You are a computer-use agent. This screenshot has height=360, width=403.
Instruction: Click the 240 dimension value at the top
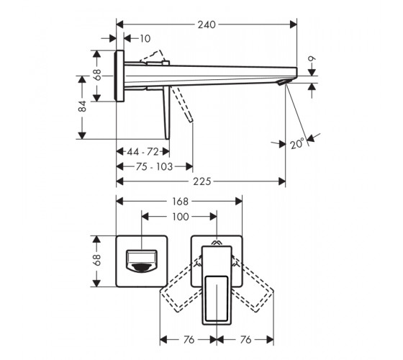pyautogui.click(x=207, y=24)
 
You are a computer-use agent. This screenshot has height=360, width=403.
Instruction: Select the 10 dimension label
pyautogui.click(x=145, y=39)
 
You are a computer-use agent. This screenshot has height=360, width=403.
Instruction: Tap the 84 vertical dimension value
pyautogui.click(x=82, y=106)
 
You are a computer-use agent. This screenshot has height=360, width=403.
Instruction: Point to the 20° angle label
pyautogui.click(x=297, y=143)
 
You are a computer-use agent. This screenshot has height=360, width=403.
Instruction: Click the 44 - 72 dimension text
pyautogui.click(x=143, y=152)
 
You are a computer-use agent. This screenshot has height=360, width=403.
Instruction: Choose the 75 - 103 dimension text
pyautogui.click(x=154, y=166)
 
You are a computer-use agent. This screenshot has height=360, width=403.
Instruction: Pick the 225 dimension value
pyautogui.click(x=202, y=181)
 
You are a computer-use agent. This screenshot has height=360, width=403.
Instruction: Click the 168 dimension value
pyautogui.click(x=180, y=202)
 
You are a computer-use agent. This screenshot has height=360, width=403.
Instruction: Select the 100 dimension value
pyautogui.click(x=180, y=217)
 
